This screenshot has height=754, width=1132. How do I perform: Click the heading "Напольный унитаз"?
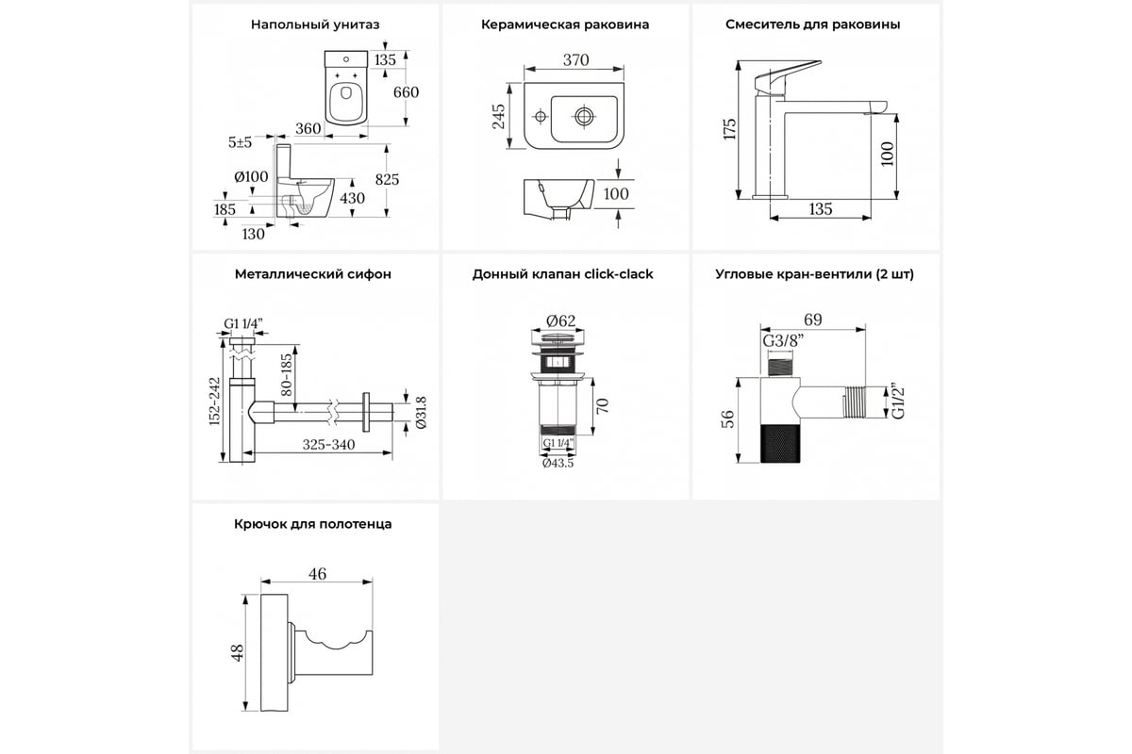click(x=315, y=25)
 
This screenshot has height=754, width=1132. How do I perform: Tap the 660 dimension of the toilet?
click(x=405, y=92)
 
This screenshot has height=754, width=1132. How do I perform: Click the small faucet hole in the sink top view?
click(x=541, y=118)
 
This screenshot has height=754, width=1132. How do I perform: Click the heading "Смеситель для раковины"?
click(x=812, y=25)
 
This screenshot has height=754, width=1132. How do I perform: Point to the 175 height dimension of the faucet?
click(x=729, y=128)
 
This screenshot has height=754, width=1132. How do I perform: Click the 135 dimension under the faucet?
click(x=820, y=209)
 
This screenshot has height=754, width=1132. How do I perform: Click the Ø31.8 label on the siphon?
click(x=421, y=411)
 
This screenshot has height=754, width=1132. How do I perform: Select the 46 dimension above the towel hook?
click(x=317, y=572)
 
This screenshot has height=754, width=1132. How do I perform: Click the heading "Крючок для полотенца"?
click(x=314, y=524)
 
